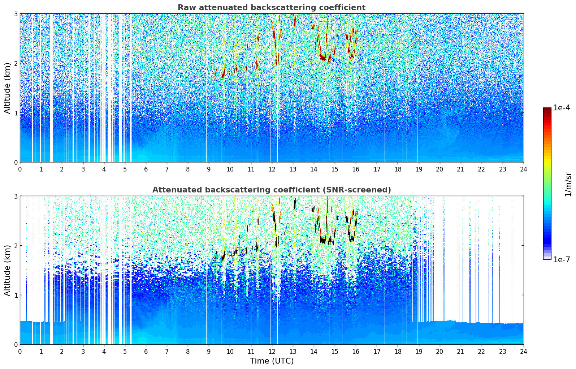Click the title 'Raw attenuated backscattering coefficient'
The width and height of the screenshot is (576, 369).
pos(271,8)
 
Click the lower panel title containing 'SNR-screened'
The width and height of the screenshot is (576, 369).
pos(271,190)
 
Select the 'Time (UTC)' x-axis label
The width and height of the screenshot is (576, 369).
pos(272,361)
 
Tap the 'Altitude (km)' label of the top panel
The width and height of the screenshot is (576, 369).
pos(8,88)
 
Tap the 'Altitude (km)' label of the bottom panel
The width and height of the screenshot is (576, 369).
pos(8,270)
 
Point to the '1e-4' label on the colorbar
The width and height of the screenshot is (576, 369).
pos(562,108)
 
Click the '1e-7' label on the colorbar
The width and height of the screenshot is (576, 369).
pos(562,259)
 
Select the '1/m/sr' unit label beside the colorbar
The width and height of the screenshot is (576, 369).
pos(568,184)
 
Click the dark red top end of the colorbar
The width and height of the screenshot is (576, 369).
pos(547,109)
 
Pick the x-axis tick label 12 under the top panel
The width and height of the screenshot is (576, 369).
pos(272,169)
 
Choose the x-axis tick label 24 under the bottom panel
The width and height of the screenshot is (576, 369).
pos(523,352)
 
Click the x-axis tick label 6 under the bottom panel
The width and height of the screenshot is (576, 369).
pos(146,352)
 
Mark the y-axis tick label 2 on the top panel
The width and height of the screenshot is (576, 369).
pos(16,63)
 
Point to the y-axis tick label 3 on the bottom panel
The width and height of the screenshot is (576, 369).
pos(16,196)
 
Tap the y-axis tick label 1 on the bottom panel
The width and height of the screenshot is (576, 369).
pos(16,295)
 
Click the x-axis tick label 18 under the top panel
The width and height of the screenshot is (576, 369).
pos(398,169)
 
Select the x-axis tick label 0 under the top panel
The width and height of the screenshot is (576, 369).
pos(20,169)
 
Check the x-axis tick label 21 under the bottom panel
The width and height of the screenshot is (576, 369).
pos(460,352)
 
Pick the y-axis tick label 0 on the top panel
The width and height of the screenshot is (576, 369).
pos(16,162)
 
